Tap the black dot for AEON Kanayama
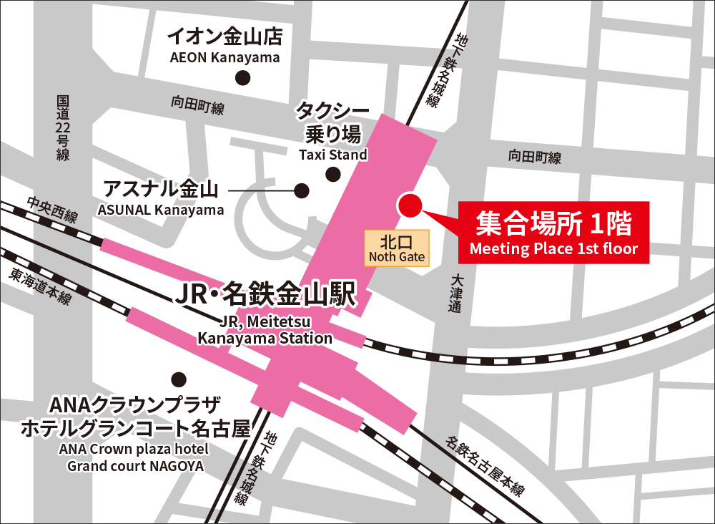click(245, 77)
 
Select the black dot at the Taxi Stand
click(332, 174)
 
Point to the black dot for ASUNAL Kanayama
click(302, 191)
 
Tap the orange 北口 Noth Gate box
click(397, 248)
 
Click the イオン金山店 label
click(225, 36)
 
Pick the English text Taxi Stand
click(332, 155)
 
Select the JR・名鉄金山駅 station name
click(265, 295)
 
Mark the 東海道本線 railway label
click(40, 286)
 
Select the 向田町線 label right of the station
click(534, 157)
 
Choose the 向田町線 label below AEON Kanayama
click(197, 107)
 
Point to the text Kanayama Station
click(265, 338)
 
